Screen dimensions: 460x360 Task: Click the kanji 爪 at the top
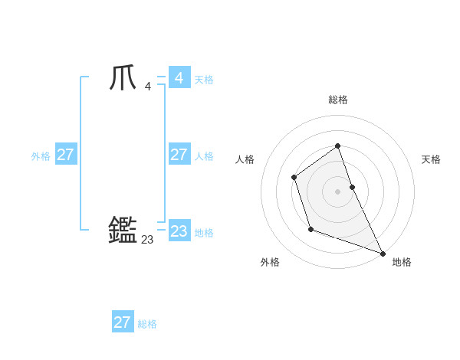coord(123,79)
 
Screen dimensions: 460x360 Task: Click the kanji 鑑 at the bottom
coord(123,230)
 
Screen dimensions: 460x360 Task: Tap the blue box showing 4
coord(179,78)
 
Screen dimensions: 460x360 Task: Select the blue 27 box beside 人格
coord(179,155)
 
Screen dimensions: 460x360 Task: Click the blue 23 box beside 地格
coord(179,231)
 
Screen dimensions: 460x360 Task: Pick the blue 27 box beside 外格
coord(65,155)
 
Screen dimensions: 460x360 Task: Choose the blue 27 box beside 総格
coord(123,322)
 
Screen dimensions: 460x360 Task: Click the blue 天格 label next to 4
coord(204,80)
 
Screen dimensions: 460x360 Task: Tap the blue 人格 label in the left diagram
coord(204,156)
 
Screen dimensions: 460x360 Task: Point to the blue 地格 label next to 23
coord(204,233)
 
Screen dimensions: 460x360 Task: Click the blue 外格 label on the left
coord(41,156)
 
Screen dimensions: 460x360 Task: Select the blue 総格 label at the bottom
coord(147,324)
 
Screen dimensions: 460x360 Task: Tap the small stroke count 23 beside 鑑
coord(147,240)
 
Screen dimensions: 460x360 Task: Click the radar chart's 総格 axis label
coord(338,100)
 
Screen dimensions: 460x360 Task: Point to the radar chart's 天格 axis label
coord(431,159)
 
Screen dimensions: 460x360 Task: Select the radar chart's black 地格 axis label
coord(402,262)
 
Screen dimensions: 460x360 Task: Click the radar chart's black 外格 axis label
coord(270,262)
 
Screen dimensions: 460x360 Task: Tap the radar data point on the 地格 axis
coord(383,253)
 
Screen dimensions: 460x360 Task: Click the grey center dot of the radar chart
coord(338,191)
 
